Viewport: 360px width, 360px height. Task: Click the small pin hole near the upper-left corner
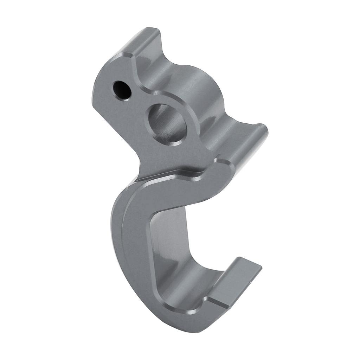coord(122,90)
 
